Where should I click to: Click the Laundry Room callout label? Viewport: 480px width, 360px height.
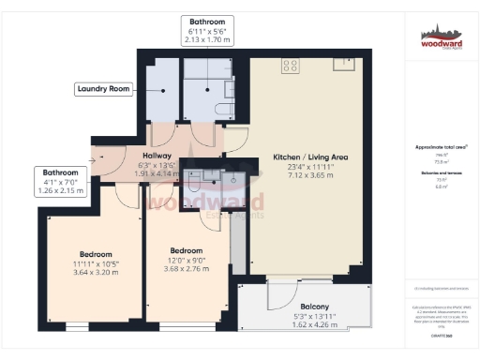[102, 90]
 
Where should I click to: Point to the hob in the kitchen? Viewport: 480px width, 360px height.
[291, 66]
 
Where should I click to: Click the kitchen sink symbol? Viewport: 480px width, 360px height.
[345, 65]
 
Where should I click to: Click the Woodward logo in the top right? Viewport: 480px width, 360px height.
[441, 37]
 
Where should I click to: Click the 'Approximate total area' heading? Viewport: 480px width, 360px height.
[441, 147]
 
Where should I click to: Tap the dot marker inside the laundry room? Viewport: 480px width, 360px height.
[166, 91]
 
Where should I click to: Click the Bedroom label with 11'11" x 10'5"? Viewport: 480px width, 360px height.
[96, 254]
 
